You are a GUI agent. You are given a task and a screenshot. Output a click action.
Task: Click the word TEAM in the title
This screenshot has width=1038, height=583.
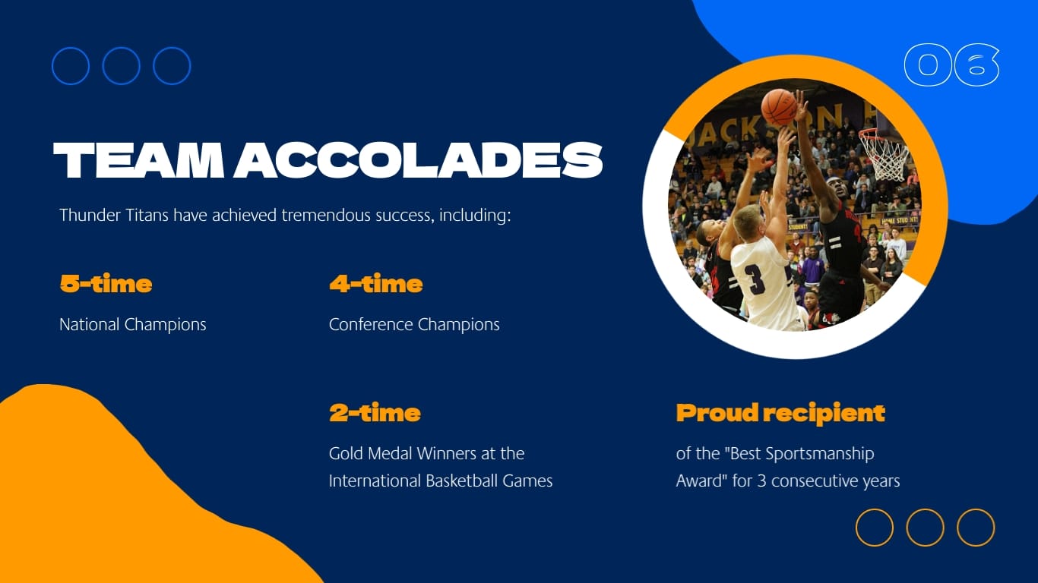[137, 161]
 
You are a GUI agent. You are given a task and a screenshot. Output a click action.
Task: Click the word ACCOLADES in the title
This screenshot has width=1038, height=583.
[418, 161]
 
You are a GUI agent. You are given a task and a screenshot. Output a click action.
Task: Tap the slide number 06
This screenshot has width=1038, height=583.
[951, 65]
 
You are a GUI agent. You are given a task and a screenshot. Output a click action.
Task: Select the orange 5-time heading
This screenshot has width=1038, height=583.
[106, 284]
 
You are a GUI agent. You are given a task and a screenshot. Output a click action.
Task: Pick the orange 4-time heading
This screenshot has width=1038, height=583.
[375, 284]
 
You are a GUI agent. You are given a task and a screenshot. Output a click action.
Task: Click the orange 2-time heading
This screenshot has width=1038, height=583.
[375, 413]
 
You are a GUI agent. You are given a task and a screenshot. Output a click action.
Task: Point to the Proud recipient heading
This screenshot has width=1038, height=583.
[780, 413]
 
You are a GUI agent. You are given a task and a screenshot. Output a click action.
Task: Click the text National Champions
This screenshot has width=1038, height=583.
[133, 324]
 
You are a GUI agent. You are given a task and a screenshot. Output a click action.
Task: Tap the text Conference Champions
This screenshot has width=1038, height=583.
[414, 324]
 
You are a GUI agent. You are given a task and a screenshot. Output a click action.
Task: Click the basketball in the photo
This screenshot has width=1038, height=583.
[779, 107]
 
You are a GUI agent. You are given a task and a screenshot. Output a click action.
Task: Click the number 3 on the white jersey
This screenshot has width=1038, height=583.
[757, 279]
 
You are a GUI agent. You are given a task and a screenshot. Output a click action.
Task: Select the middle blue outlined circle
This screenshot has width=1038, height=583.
[121, 66]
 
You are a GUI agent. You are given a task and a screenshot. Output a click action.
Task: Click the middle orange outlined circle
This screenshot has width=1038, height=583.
[925, 528]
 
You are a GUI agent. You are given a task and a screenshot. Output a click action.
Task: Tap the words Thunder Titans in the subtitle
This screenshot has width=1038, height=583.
[114, 215]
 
